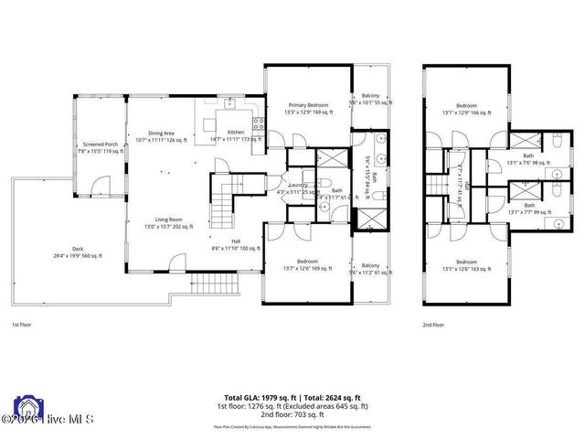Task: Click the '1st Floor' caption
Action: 22,325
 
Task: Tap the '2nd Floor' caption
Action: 433,325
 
